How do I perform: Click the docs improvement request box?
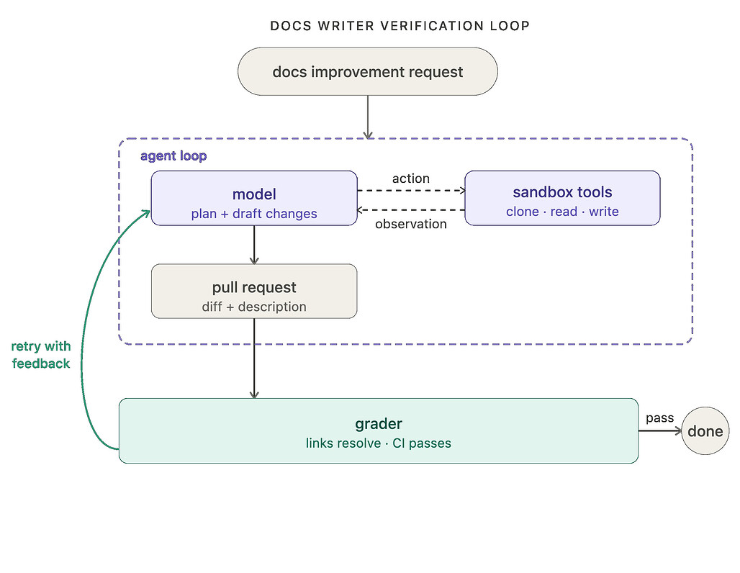coord(368,71)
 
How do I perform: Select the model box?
coord(254,198)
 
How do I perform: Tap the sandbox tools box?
coord(562,198)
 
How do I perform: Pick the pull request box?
coord(254,292)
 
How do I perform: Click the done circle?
coord(705,431)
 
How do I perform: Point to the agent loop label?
coord(173,155)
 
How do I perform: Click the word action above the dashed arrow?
coord(410,179)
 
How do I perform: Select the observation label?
coord(410,224)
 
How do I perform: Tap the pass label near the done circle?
coord(659,418)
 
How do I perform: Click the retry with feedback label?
coord(41,355)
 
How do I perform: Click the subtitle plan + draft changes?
coord(254,214)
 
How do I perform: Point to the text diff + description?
coord(254,307)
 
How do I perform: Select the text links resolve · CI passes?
coord(378,443)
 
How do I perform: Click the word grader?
coord(378,424)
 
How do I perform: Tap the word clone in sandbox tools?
coord(523,212)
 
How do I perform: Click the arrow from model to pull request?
coord(254,245)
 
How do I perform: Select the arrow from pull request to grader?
coord(254,358)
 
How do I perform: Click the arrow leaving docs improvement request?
coord(368,117)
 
